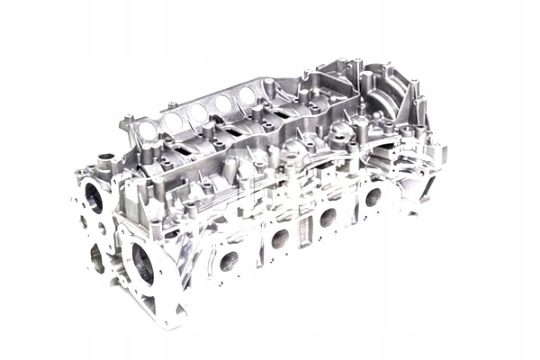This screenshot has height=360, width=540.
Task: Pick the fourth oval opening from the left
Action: pyautogui.click(x=222, y=103)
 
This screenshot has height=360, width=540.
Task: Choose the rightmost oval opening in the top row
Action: pyautogui.click(x=246, y=94)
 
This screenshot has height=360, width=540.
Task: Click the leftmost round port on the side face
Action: pyautogui.click(x=229, y=262)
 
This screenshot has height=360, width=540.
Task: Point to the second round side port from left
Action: pyautogui.click(x=280, y=238)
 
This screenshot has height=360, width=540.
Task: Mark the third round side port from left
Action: pyautogui.click(x=328, y=216)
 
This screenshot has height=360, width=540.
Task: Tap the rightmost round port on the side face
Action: pyautogui.click(x=373, y=196)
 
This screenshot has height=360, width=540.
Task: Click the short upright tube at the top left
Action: pyautogui.click(x=105, y=166)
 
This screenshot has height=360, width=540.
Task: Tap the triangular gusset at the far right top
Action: pyautogui.click(x=416, y=99)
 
